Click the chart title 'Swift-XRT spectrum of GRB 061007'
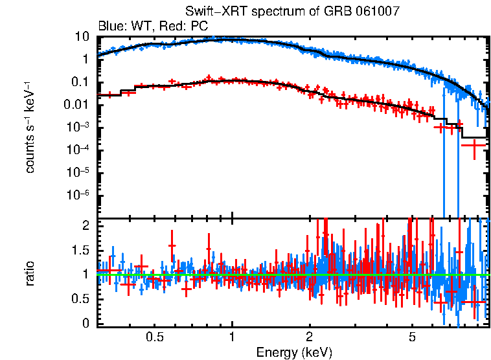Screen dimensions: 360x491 coord(292,11)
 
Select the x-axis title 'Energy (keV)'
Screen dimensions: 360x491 coord(294,352)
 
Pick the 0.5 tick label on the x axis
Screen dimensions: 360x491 coord(154,337)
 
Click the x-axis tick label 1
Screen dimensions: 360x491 coord(232,337)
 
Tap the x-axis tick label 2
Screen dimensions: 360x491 coord(310,337)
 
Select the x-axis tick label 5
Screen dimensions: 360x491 coord(413,337)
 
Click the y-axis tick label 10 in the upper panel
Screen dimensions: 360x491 coord(82,36)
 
